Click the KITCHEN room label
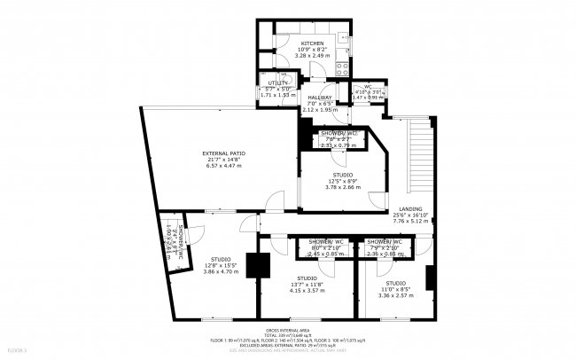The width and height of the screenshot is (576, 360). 311,43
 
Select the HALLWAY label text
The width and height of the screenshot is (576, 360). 320,98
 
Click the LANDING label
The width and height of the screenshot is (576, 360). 409,208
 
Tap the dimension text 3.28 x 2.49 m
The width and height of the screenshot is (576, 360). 311,56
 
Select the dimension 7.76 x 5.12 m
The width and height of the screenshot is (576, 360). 409,221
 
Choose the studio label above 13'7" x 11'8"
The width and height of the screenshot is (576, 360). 307,278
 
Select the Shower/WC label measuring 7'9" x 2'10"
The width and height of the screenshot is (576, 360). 385,241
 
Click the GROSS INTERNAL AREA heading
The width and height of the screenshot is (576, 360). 287,329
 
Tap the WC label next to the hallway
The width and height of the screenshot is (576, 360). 367,86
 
